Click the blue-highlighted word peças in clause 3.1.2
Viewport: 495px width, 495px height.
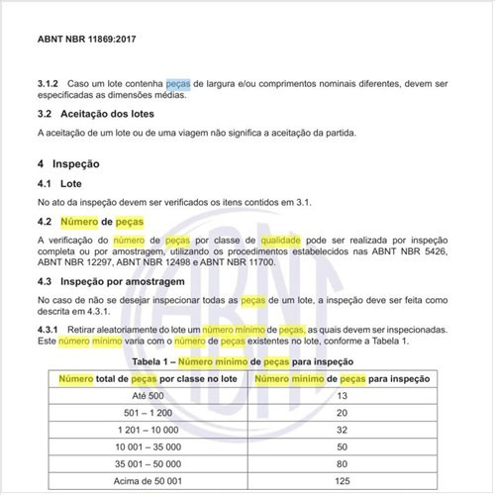[x=178, y=83]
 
